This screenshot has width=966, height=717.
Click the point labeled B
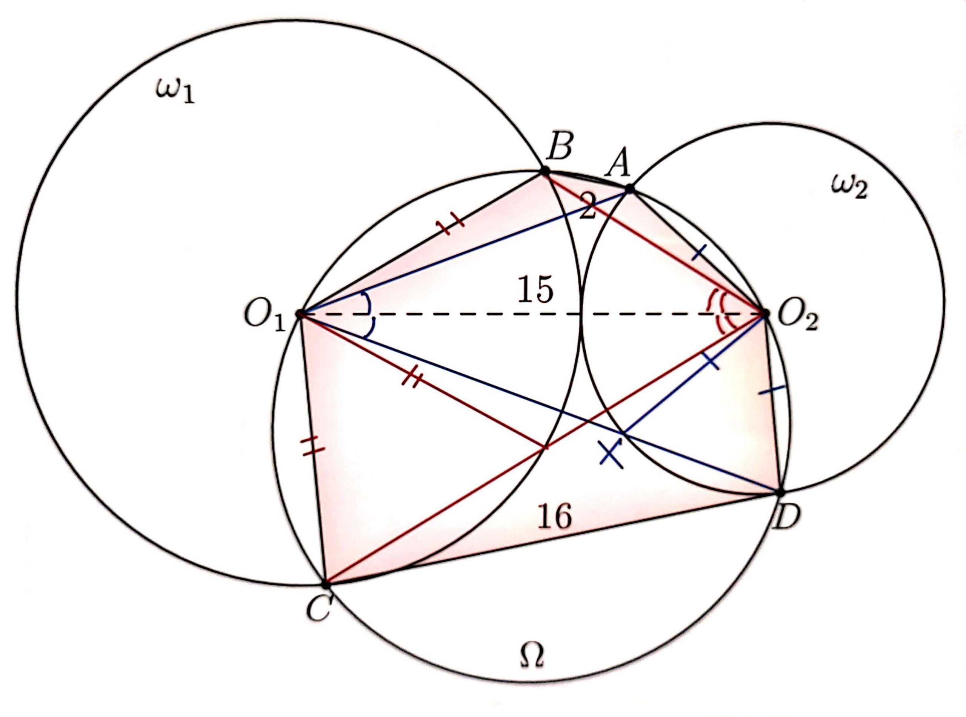pyautogui.click(x=544, y=171)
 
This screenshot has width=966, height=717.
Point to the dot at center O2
pyautogui.click(x=764, y=312)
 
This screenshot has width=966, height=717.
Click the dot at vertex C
pyautogui.click(x=326, y=585)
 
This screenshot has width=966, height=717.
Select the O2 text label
pyautogui.click(x=797, y=320)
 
